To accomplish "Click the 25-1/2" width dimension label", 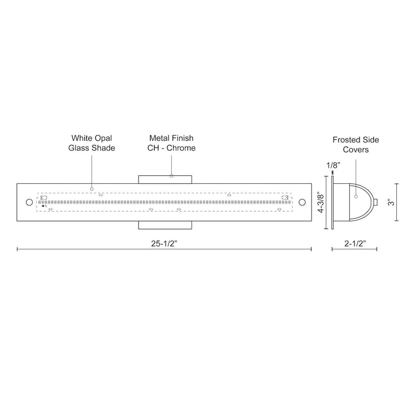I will coord(164,244).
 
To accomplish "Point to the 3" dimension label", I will coord(391,202).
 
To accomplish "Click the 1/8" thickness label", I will coord(332,164).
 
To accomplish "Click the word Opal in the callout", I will coord(104,137).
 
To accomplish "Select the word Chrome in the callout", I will coord(182,148).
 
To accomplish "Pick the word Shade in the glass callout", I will coord(104,148).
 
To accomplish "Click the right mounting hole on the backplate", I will coord(302,202).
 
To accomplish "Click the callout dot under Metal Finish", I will coord(171,176).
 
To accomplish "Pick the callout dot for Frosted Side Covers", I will coord(356,196).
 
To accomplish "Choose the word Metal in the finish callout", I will coord(159,137).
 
